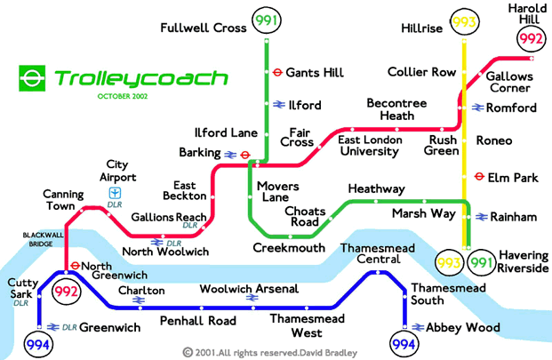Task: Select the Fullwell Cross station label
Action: (x=204, y=28)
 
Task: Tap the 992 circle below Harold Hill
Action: (x=531, y=39)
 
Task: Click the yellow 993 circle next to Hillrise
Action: (x=463, y=21)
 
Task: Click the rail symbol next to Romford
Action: (x=478, y=108)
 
